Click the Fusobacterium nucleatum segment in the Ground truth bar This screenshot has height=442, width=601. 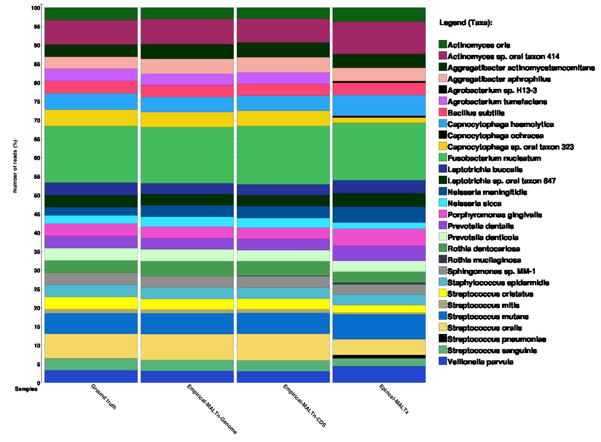[91, 154]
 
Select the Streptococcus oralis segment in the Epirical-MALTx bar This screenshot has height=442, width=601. [379, 347]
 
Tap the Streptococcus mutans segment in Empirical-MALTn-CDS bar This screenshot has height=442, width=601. [283, 323]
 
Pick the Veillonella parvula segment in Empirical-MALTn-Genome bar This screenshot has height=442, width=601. [187, 377]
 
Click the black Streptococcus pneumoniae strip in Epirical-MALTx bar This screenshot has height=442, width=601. [379, 357]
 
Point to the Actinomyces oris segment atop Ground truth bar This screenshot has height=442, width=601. [91, 14]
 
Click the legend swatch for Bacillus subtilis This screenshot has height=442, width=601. [443, 112]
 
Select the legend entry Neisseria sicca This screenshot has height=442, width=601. [474, 203]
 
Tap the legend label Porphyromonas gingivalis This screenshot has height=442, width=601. [495, 215]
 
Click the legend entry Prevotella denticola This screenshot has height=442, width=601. [483, 237]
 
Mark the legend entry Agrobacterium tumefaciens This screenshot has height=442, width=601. [497, 102]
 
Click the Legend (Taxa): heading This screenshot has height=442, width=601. [466, 23]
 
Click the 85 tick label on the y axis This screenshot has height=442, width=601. [36, 64]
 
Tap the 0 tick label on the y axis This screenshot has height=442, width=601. [38, 383]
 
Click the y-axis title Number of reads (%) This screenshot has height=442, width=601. [15, 166]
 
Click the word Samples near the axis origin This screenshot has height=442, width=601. [26, 389]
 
